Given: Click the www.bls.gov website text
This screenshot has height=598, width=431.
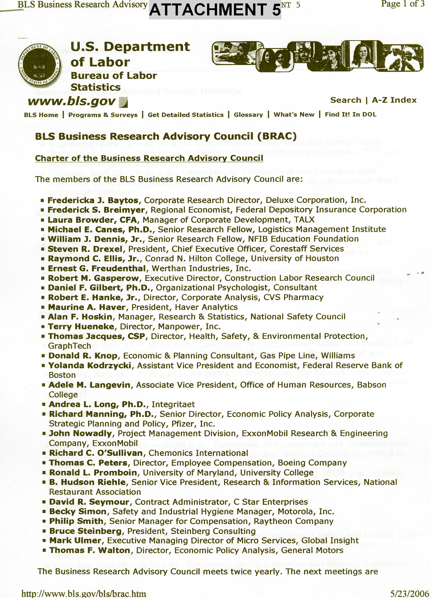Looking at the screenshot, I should tap(72, 101).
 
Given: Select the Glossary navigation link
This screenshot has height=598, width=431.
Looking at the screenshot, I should tap(248, 115).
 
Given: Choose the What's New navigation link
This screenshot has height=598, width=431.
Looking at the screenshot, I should tap(294, 115).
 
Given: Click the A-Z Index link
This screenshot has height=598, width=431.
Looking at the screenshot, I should tap(394, 100).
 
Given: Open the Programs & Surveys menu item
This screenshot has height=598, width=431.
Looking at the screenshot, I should tap(103, 115).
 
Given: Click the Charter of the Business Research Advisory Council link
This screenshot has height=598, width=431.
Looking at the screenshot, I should tap(149, 158).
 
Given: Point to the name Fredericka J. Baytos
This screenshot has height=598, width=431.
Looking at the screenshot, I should tap(93, 200).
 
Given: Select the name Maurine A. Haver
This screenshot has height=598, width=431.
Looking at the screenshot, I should tap(87, 307).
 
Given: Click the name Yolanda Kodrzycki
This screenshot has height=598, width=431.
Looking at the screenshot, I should tap(90, 365).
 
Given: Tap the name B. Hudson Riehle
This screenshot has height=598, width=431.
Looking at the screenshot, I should tap(88, 482).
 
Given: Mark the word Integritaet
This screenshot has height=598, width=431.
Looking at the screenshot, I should tap(173, 404).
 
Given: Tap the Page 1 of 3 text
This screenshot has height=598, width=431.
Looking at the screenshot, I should tap(403, 4).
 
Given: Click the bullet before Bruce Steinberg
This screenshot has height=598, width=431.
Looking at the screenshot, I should tap(44, 531).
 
